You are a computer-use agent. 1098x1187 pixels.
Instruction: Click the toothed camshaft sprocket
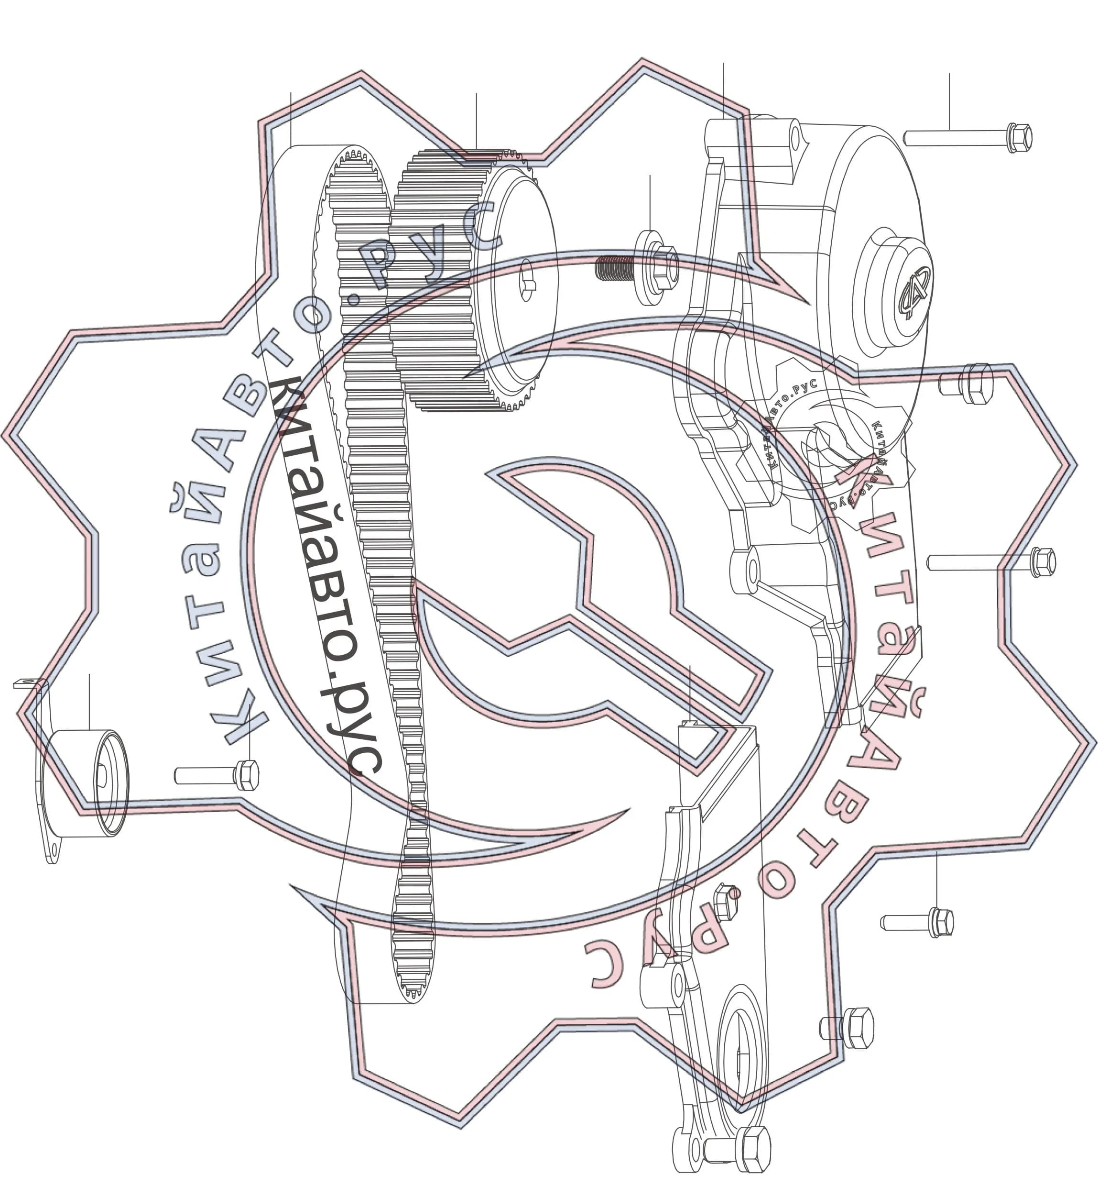tap(475, 279)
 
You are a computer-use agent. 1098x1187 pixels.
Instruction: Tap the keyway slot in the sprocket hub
tap(526, 279)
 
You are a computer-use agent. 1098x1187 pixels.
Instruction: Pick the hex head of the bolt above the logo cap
tap(1020, 138)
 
